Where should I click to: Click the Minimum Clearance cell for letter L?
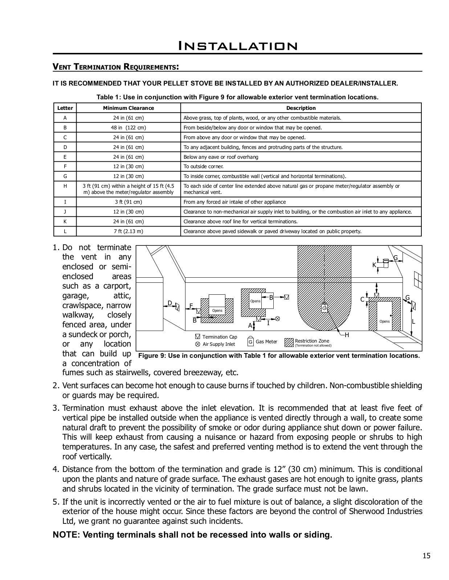coord(128,231)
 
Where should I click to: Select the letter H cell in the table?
coord(65,186)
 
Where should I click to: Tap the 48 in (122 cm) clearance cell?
coord(128,128)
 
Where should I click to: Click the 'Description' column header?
coord(301,108)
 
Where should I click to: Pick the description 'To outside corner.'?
coord(204,166)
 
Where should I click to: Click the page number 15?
coord(426,556)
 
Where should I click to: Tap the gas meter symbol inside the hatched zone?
coord(324,308)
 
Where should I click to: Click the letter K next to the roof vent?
coord(374,265)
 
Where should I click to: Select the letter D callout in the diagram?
coord(170,303)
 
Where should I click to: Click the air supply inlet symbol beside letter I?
coord(278,319)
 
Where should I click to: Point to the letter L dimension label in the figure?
coord(413,322)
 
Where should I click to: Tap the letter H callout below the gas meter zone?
coord(347,335)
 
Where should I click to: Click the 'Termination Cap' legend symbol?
coord(197,337)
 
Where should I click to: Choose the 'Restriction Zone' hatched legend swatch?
coord(289,342)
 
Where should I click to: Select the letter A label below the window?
coord(250,326)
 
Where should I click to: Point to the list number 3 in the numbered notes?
coord(56,408)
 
